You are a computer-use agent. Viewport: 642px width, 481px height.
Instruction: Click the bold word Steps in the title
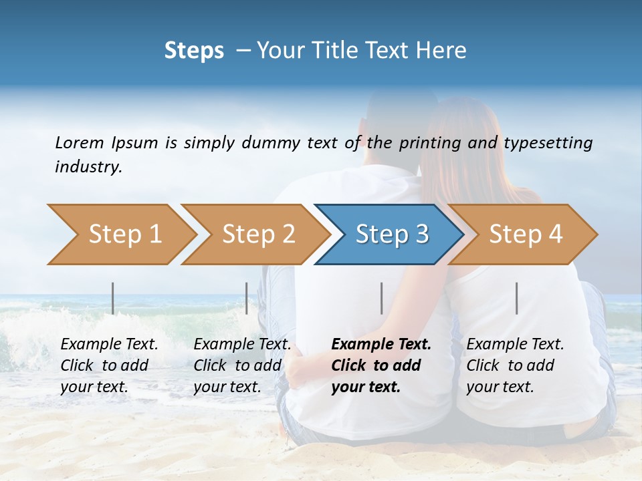coord(194,51)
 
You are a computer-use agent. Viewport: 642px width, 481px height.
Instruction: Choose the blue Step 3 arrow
coord(391,234)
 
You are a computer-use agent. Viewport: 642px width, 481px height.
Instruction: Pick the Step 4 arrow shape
coord(525,234)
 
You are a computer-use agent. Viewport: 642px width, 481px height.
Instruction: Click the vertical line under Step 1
coord(113,298)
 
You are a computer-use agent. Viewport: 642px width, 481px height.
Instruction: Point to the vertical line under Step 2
coord(247,298)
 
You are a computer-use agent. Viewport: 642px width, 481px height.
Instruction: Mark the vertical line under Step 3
coord(381,298)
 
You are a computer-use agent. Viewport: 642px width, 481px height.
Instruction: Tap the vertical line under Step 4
coord(516,298)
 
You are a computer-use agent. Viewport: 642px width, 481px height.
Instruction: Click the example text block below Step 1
coord(109,365)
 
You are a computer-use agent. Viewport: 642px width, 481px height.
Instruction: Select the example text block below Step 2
coord(242,365)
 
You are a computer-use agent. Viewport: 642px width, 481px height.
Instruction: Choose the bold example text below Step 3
coord(381,365)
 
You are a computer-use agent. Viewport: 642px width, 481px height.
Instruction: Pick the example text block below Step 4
coord(515,365)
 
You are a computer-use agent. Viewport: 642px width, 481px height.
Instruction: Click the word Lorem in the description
coord(80,142)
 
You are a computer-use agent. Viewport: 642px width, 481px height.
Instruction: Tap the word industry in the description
coord(88,166)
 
